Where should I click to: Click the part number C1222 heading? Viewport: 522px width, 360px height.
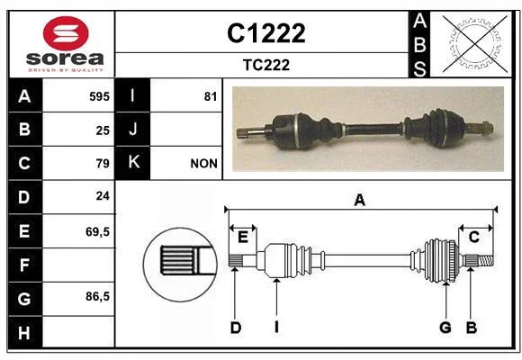[266, 33]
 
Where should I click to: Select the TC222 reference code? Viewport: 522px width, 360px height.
[266, 65]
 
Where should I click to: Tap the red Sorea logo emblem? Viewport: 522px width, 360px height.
[66, 33]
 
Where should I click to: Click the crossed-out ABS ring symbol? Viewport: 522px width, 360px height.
[475, 43]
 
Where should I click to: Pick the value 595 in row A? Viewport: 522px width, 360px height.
[99, 96]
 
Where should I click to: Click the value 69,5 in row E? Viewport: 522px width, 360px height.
[97, 231]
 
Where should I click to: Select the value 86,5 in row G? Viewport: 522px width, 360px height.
[97, 296]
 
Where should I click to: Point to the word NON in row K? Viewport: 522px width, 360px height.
[203, 164]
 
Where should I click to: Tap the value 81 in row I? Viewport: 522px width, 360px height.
[211, 96]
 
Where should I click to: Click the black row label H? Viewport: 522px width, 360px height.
[25, 332]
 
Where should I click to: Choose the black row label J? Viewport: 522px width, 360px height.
[132, 130]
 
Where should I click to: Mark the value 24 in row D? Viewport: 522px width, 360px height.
[103, 196]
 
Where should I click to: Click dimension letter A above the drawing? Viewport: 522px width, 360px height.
[359, 201]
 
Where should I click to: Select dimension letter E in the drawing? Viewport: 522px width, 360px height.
[243, 238]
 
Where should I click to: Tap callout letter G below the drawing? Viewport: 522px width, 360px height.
[445, 328]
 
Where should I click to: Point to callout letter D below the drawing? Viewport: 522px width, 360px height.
[236, 328]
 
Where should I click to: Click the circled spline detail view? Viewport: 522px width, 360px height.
[180, 265]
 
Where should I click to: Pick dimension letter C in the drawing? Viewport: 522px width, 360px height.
[473, 237]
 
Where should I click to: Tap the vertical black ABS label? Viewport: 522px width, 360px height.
[419, 45]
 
